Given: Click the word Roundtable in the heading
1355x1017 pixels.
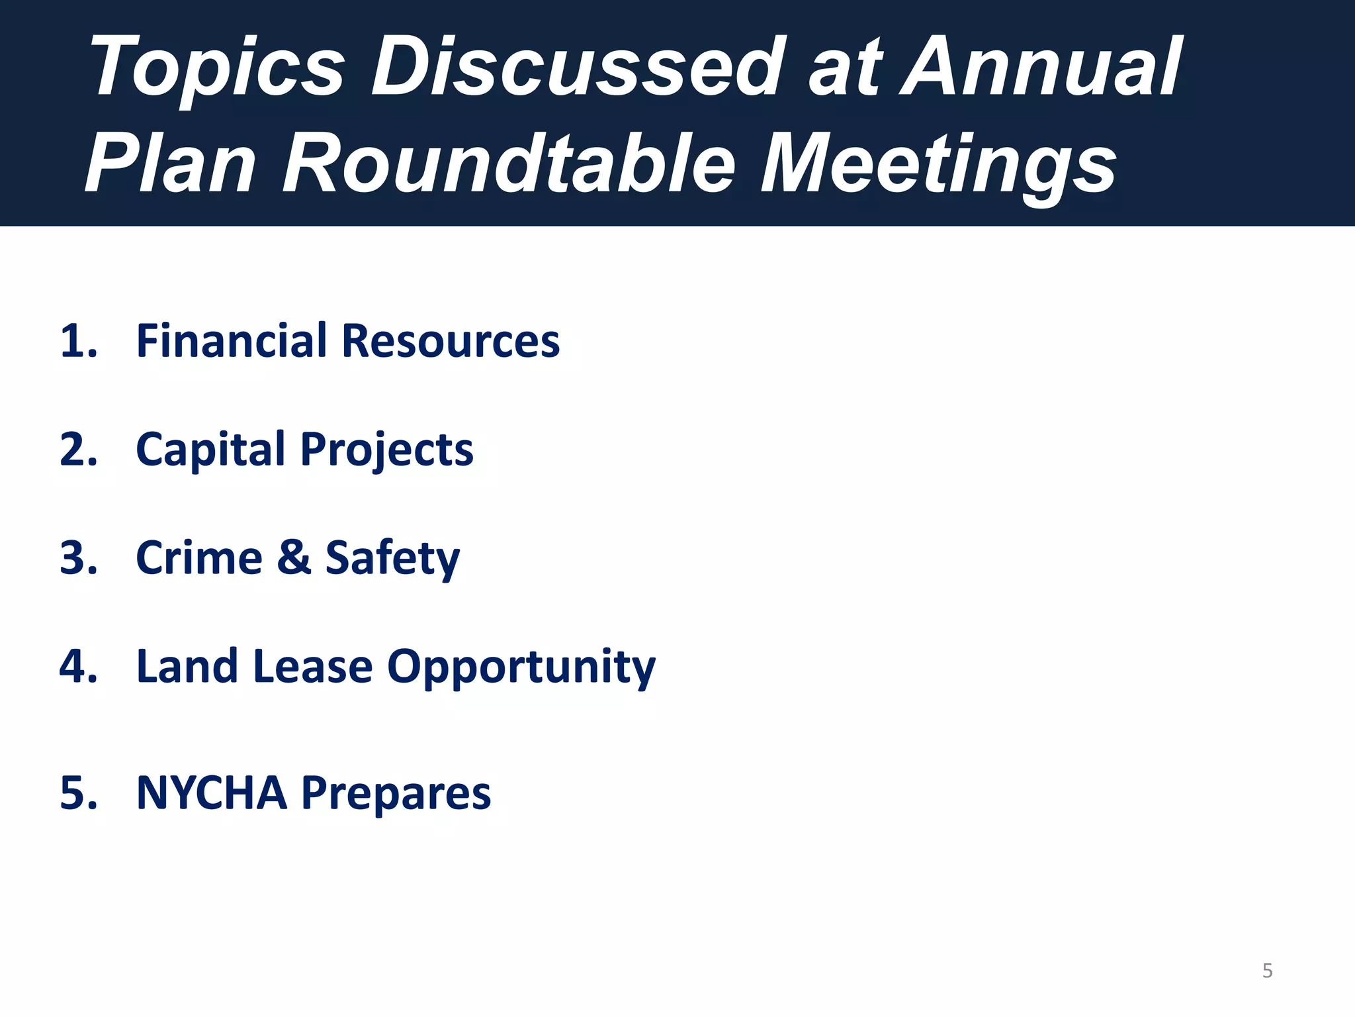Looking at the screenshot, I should click(x=509, y=163).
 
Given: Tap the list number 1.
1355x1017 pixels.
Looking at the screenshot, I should click(x=78, y=342).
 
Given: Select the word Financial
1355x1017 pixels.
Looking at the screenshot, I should click(x=232, y=342).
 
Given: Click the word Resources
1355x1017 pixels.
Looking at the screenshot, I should click(x=451, y=342).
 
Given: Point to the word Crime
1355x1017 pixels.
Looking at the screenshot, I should click(x=199, y=558).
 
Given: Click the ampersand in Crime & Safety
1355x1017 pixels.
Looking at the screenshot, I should click(x=294, y=558).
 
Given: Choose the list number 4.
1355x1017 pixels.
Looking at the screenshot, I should click(x=78, y=667).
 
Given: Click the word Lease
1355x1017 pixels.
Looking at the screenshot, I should click(x=312, y=667).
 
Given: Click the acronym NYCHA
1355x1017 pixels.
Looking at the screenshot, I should click(x=212, y=793).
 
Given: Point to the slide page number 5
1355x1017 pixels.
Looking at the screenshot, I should click(x=1267, y=971).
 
